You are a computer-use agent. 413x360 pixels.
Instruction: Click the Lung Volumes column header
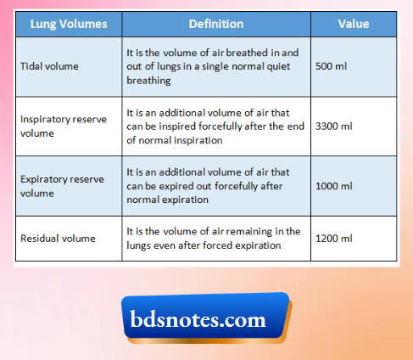tap(67, 25)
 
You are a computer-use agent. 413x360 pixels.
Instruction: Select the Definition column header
tap(215, 25)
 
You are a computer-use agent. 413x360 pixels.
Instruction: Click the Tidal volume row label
tap(50, 65)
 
